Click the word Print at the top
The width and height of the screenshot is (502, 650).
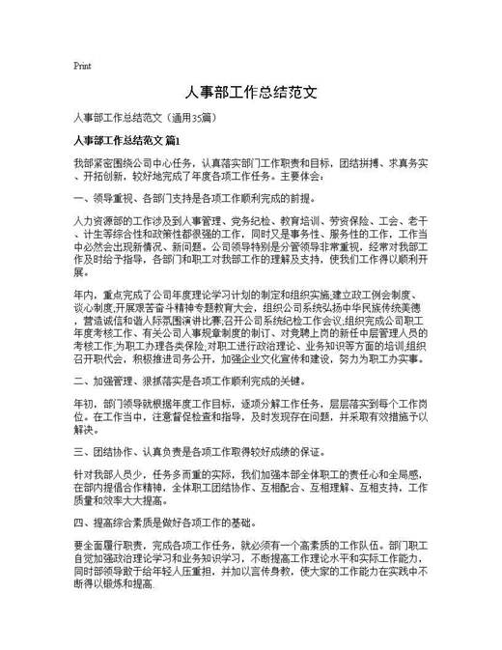point(82,67)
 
